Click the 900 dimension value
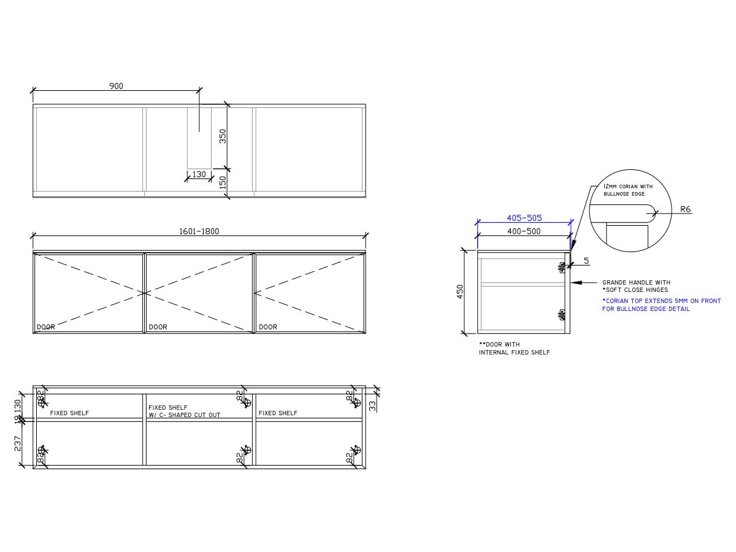pos(116,86)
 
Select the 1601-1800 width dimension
pos(199,231)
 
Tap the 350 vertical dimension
pos(223,136)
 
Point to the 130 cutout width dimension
pos(199,174)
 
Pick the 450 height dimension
pos(460,291)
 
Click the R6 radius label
pos(686,209)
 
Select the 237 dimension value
pos(17,443)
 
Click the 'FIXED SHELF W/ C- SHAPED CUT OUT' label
pos(184,411)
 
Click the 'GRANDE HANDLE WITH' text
pos(636,283)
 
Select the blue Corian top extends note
pos(661,305)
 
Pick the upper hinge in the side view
pos(562,267)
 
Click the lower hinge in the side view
pos(562,314)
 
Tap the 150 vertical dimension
pos(223,182)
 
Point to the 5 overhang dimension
pos(586,261)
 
